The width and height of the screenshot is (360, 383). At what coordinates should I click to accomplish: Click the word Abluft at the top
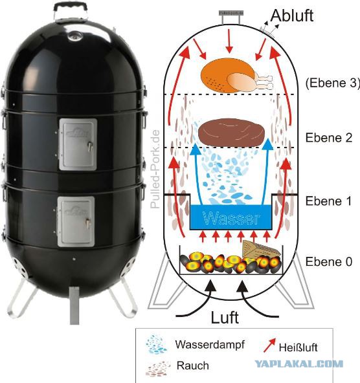(292, 16)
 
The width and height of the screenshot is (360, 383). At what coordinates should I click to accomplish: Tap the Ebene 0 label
(329, 261)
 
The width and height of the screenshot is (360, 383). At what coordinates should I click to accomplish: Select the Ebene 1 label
(328, 201)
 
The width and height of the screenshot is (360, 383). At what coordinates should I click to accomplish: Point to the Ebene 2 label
(329, 138)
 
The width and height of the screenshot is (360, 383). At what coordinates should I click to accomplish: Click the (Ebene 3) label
(333, 83)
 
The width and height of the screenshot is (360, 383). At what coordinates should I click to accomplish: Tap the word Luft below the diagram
(225, 318)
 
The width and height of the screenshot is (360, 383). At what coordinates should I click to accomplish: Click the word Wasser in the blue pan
(231, 218)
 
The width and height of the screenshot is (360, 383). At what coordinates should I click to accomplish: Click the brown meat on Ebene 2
(231, 133)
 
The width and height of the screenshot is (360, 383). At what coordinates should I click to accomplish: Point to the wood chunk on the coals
(260, 249)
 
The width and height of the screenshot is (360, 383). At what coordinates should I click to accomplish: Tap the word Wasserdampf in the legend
(210, 345)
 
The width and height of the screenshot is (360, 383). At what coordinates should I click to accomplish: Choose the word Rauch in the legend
(192, 366)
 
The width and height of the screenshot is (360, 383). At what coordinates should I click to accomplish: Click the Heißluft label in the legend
(298, 347)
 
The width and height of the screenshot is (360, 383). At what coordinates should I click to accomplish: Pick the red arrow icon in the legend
(269, 345)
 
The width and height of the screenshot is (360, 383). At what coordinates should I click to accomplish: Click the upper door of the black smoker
(78, 144)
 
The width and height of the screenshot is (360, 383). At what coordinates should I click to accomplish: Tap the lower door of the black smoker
(76, 221)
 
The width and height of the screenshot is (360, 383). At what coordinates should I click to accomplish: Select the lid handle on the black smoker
(71, 11)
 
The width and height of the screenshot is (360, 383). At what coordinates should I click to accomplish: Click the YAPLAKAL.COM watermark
(299, 364)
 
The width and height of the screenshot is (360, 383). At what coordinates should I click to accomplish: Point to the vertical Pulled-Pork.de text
(155, 169)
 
